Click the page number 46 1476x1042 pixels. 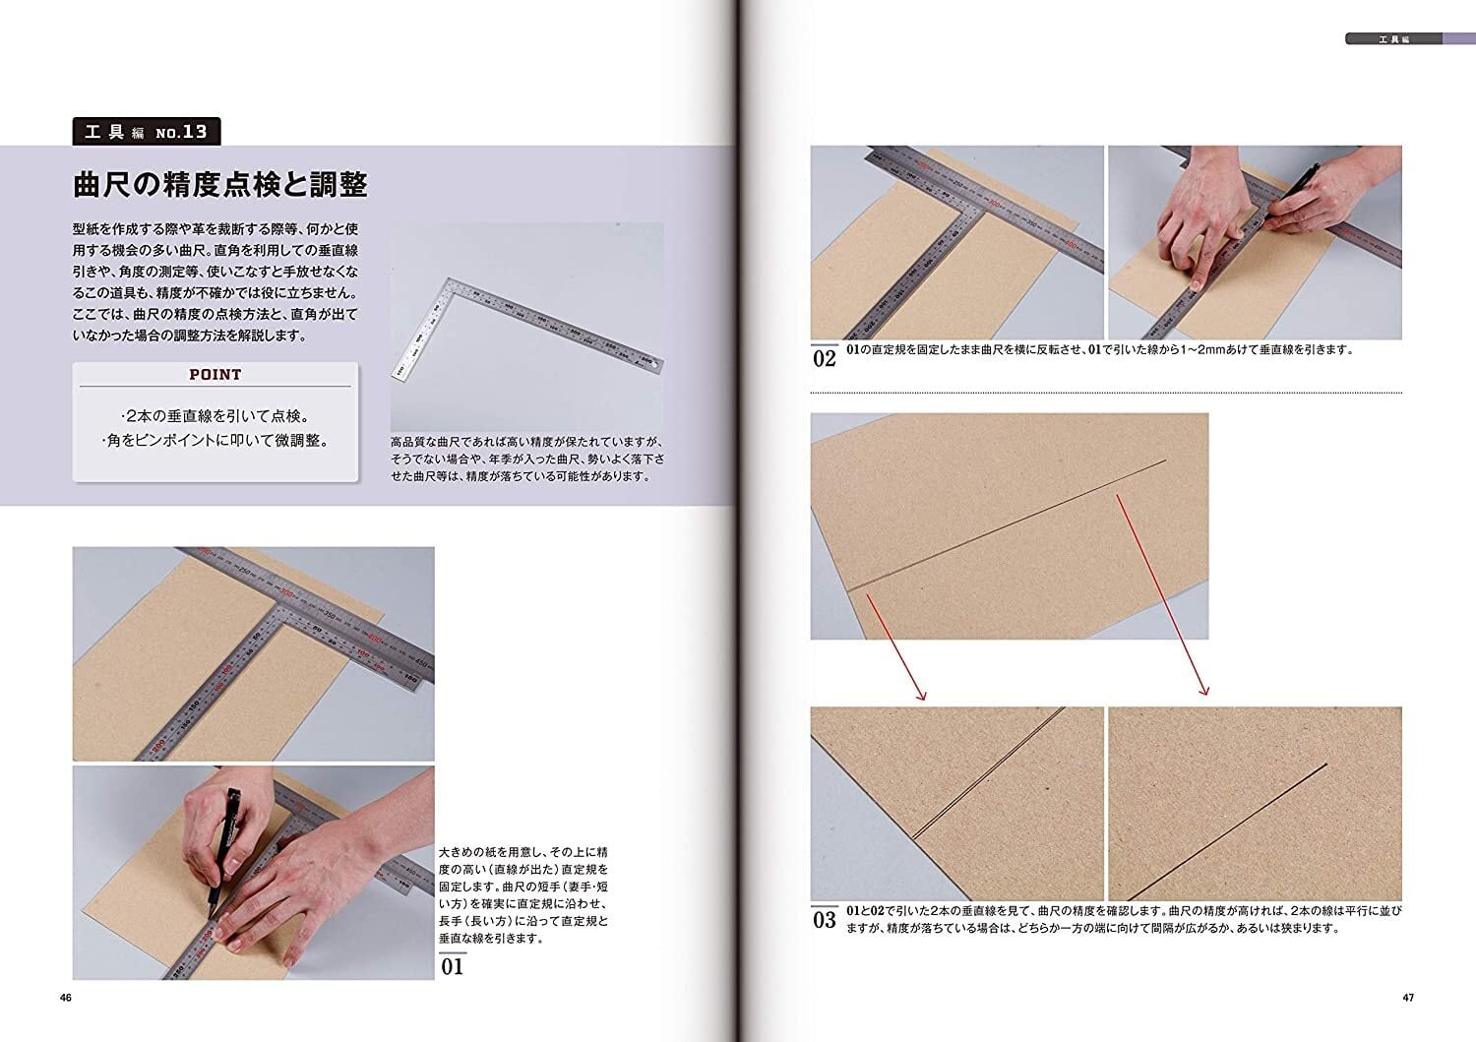(65, 997)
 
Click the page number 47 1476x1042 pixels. (1408, 997)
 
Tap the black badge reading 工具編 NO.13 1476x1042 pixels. (147, 132)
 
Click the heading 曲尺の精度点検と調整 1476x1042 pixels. (220, 185)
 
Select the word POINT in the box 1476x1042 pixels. (215, 374)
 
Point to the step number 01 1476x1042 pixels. (452, 966)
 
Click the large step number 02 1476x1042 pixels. (825, 358)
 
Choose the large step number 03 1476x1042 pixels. (825, 919)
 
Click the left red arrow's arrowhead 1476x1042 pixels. (923, 696)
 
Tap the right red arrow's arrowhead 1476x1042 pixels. (1204, 691)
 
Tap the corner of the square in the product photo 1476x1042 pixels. (450, 279)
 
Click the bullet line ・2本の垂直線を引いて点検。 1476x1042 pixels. (215, 416)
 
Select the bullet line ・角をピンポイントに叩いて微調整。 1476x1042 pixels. (215, 440)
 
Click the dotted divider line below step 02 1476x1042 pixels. (1106, 393)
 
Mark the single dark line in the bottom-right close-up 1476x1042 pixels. (1228, 831)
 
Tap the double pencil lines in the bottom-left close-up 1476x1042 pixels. (988, 773)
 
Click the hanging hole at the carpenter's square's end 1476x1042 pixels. (655, 362)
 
